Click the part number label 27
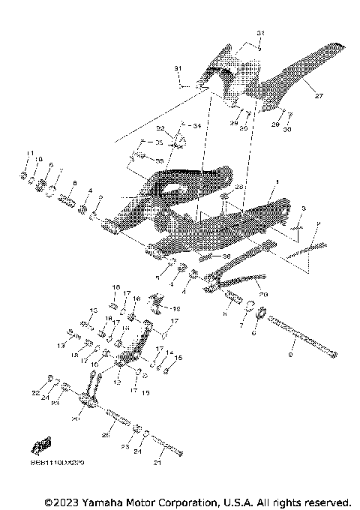[318, 96]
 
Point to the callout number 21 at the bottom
[157, 463]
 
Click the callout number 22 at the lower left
[35, 392]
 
